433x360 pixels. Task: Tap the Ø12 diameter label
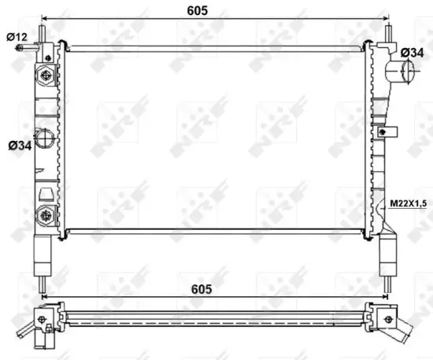tap(17, 37)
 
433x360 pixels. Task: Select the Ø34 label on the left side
tap(19, 145)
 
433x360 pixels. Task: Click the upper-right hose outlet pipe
tap(402, 73)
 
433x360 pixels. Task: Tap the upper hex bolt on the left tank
tap(46, 76)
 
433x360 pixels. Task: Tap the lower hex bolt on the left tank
tap(46, 213)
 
